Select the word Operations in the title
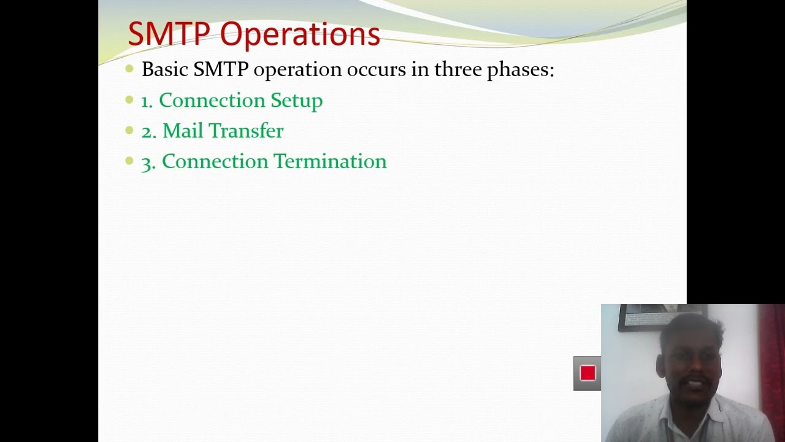[300, 35]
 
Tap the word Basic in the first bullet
[164, 69]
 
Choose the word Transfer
[247, 131]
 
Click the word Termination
[330, 161]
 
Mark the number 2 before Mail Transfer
[148, 131]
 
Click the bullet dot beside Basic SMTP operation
[129, 69]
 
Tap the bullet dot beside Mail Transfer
[129, 130]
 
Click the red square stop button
[588, 373]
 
